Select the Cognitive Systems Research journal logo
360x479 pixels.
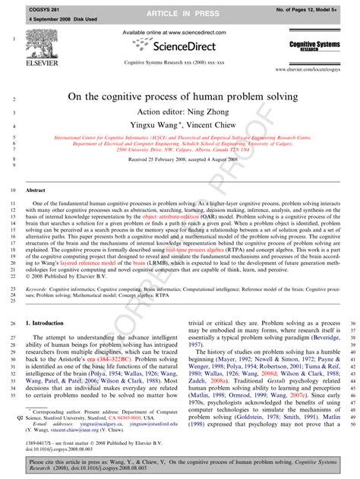point(313,47)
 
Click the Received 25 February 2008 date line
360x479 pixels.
point(180,160)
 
